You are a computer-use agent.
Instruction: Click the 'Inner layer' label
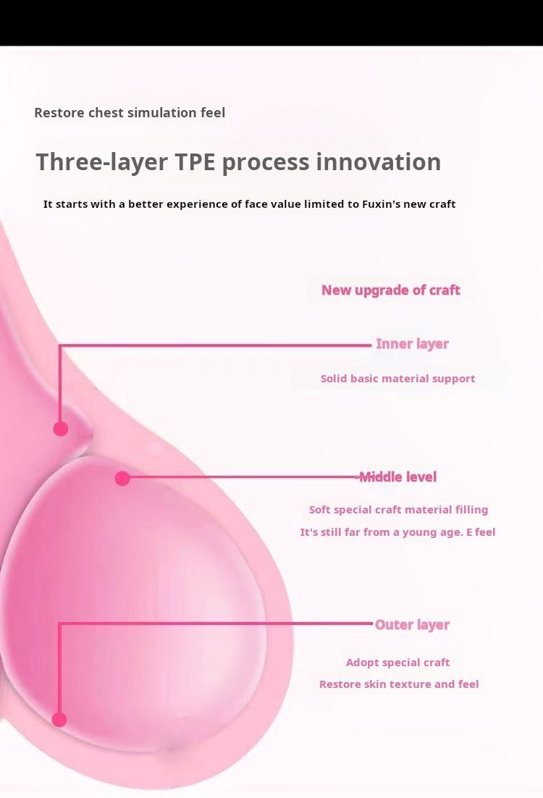tap(412, 344)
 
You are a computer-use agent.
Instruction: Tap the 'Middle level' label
tap(398, 477)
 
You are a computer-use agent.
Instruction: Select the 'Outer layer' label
tap(412, 625)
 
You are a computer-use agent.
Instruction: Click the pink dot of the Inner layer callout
tap(61, 429)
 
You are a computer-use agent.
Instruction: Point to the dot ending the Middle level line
tap(122, 479)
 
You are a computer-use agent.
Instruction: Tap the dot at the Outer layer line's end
tap(59, 719)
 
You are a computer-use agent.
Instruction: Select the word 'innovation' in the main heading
tap(378, 162)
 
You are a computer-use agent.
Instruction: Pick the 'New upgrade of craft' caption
tap(391, 290)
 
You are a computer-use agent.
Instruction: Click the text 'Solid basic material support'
tap(398, 379)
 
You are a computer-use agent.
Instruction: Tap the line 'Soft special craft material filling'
tap(398, 510)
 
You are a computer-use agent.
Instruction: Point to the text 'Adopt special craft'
tap(398, 663)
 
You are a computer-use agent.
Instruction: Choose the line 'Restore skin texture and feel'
tap(399, 684)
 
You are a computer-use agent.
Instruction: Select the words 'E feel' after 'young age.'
tap(481, 532)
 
